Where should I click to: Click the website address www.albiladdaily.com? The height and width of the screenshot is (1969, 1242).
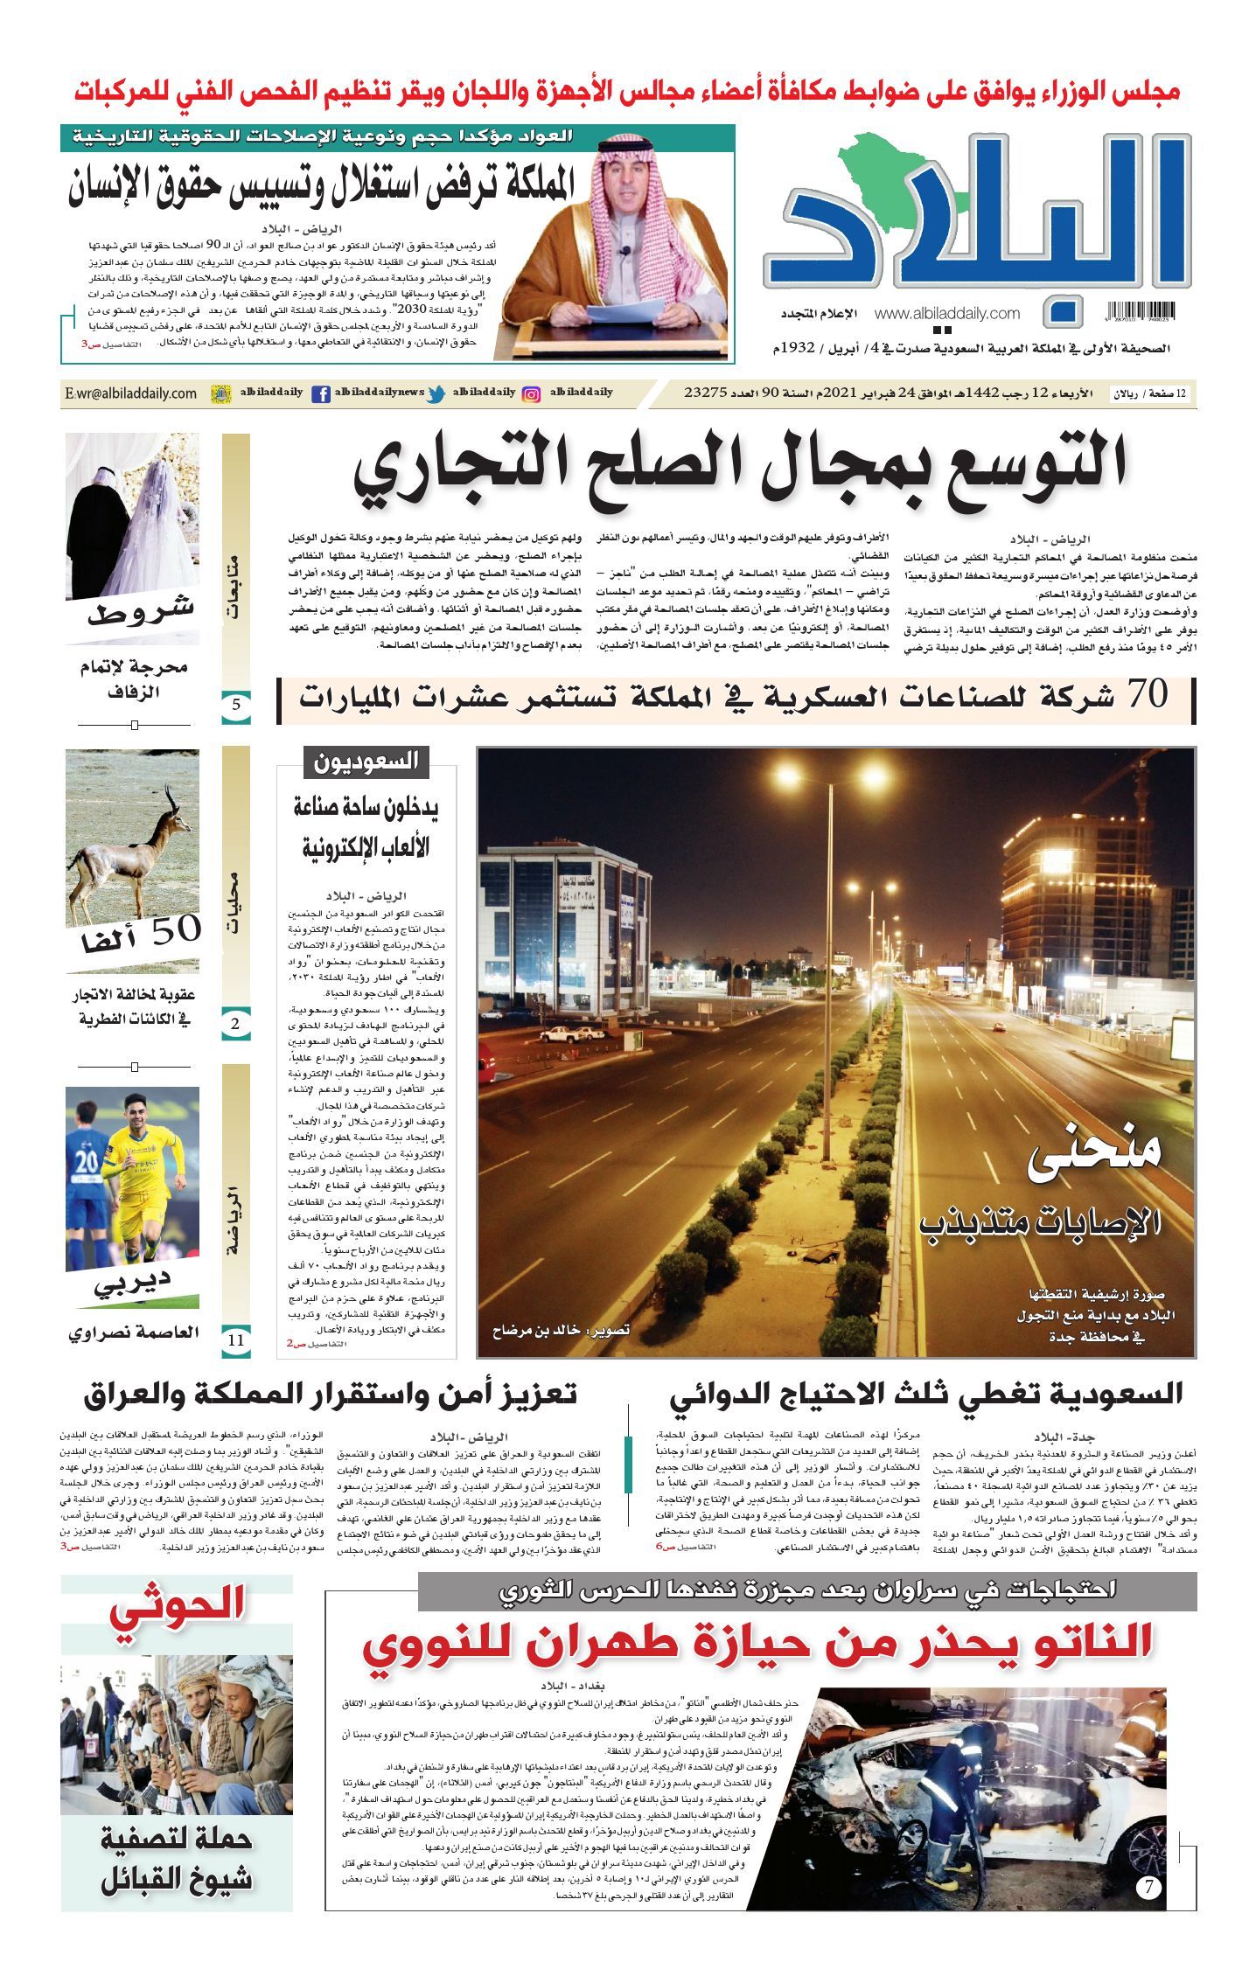click(946, 313)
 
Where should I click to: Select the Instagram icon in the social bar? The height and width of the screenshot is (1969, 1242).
click(531, 394)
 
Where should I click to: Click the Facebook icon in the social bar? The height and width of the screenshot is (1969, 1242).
click(321, 394)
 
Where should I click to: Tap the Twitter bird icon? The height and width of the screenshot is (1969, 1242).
click(436, 394)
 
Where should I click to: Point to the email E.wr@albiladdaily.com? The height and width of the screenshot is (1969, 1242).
click(130, 394)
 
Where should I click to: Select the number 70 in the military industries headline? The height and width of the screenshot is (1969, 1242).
click(1147, 695)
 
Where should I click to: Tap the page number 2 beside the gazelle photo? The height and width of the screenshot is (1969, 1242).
click(236, 1024)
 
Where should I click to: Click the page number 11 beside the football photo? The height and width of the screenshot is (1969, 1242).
click(236, 1339)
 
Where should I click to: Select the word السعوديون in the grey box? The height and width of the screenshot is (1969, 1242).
click(366, 762)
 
